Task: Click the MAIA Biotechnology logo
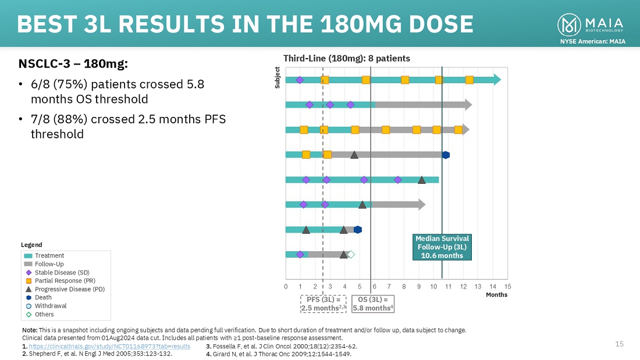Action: pos(591,24)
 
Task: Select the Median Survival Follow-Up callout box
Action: pos(442,247)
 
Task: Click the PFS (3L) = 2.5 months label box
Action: pos(323,304)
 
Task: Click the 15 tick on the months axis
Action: pos(507,286)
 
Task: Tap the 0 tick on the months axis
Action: pos(286,286)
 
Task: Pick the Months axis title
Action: pos(497,295)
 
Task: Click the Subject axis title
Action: pos(277,78)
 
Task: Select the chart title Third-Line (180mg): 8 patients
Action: pos(346,58)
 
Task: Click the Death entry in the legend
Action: pos(43,297)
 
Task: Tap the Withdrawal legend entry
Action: pos(51,306)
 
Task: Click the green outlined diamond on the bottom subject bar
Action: pos(351,254)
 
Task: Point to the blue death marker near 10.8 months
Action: pos(446,155)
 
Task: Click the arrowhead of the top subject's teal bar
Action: pos(497,80)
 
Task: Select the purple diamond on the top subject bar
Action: pos(300,80)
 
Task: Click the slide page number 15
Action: pos(619,344)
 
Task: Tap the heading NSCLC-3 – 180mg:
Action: pos(73,63)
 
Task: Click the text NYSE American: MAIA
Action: pos(592,41)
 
